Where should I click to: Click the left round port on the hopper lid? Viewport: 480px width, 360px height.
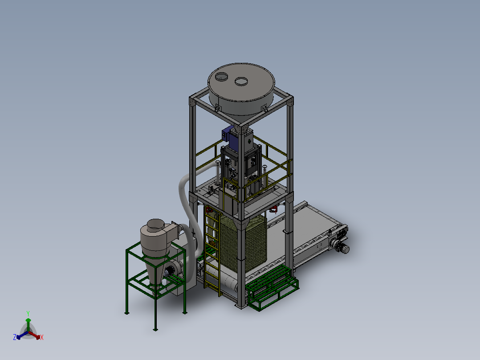(x=221, y=77)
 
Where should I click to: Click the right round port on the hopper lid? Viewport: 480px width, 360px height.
(x=241, y=81)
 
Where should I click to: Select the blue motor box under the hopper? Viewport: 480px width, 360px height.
(x=230, y=138)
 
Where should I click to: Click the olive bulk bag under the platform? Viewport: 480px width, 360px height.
(x=244, y=242)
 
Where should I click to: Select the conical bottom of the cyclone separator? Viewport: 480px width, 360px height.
(x=155, y=270)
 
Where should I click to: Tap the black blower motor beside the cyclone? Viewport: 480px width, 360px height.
(x=170, y=271)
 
